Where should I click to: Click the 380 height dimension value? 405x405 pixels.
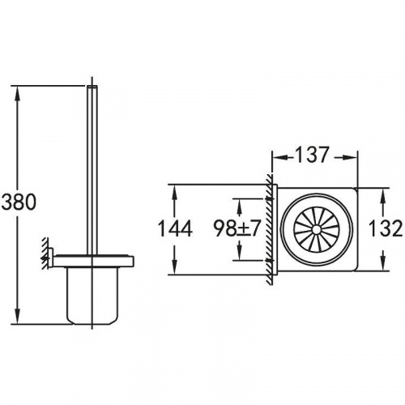point(19,202)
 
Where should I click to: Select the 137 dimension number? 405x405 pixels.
point(312,155)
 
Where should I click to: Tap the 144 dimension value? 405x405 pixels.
point(175,228)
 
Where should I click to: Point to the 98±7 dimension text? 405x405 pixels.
point(237,228)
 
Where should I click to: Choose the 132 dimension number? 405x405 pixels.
point(386,228)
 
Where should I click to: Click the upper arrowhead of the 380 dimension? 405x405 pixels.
point(18,95)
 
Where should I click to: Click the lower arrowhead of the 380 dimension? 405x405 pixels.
point(18,315)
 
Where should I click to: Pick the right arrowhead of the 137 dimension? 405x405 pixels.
point(349,158)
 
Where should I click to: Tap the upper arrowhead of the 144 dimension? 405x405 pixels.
point(175,193)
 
